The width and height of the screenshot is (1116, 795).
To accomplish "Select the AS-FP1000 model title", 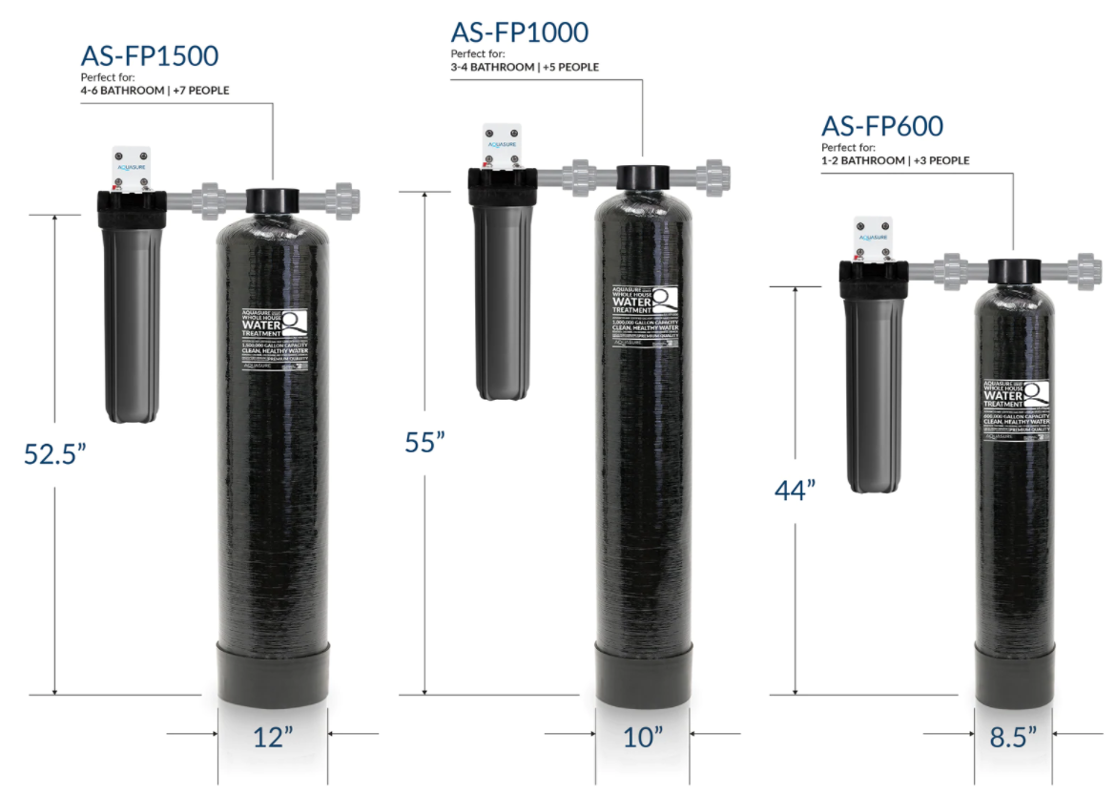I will pyautogui.click(x=520, y=32).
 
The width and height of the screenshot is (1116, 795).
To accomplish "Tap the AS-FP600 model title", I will pyautogui.click(x=882, y=126).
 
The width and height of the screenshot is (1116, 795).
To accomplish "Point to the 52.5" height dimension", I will pyautogui.click(x=55, y=452).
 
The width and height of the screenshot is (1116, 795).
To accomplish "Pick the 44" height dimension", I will pyautogui.click(x=794, y=490).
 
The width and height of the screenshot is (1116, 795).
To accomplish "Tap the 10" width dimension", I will pyautogui.click(x=642, y=737).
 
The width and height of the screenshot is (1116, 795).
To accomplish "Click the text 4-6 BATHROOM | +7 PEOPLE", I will pyautogui.click(x=155, y=91).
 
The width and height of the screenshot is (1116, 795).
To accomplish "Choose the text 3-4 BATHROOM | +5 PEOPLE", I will pyautogui.click(x=525, y=68).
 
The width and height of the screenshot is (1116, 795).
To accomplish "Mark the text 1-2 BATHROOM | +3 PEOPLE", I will pyautogui.click(x=895, y=160).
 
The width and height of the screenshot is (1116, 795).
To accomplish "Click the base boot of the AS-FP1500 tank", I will pyautogui.click(x=273, y=673).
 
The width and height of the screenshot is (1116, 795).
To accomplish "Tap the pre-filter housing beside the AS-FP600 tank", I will pyautogui.click(x=872, y=382).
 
